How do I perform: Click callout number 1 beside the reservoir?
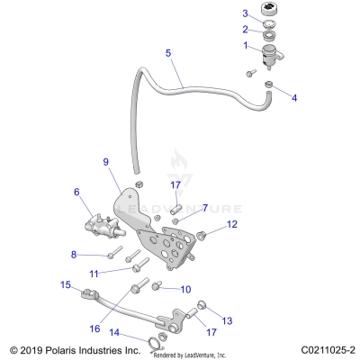click(245, 45)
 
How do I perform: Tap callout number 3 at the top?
click(245, 13)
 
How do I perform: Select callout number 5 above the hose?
click(167, 54)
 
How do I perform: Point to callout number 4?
click(293, 96)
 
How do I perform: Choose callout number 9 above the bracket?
click(105, 162)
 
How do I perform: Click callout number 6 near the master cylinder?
click(76, 192)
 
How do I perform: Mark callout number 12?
click(205, 208)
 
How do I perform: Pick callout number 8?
click(76, 255)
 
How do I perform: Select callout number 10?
click(186, 290)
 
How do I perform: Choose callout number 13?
click(227, 321)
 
